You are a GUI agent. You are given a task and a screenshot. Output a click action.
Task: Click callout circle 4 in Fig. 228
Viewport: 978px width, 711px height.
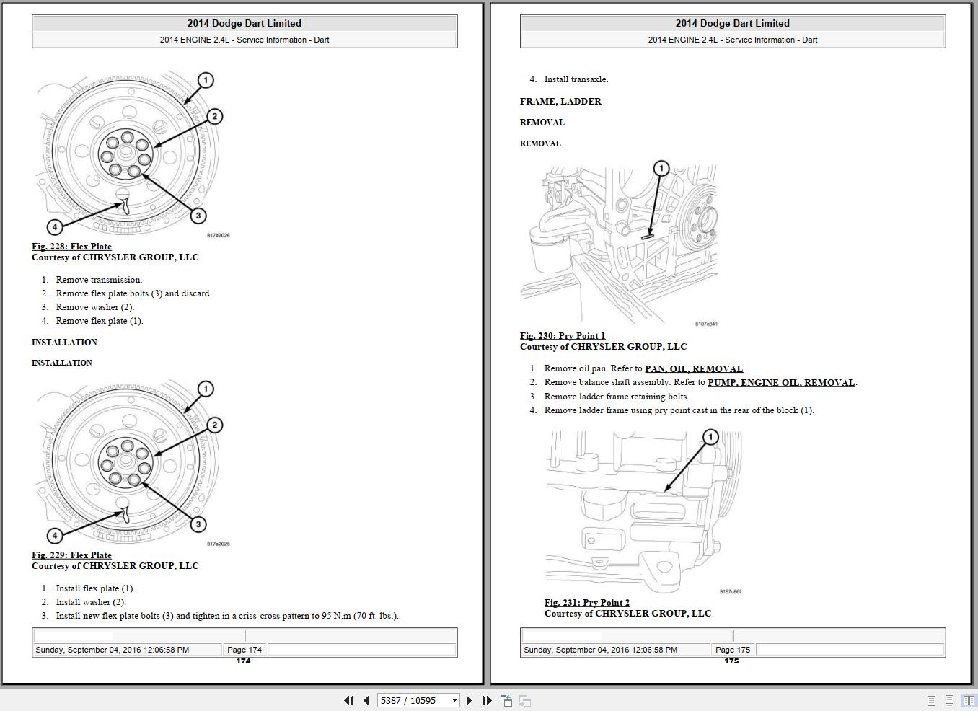point(55,227)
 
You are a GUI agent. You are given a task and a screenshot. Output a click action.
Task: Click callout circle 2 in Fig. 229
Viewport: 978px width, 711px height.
point(214,425)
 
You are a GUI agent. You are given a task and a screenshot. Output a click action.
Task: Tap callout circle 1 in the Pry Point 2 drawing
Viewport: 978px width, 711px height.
point(710,437)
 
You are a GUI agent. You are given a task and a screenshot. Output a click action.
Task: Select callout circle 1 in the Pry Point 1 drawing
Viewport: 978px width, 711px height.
point(661,169)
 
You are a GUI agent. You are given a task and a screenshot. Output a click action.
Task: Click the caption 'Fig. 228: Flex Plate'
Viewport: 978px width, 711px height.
point(71,247)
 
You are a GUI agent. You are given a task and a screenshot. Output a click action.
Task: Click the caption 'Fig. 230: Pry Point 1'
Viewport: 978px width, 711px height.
point(563,336)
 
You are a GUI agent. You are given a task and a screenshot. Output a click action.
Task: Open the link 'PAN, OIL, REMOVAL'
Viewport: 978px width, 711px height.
point(693,369)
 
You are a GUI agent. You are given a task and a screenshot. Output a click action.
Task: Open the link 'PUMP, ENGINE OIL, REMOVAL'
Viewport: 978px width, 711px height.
point(781,383)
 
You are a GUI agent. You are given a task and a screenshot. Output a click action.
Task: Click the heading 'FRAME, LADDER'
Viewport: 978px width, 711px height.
point(560,102)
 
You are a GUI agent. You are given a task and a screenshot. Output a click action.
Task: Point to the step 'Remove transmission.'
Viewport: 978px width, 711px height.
point(99,280)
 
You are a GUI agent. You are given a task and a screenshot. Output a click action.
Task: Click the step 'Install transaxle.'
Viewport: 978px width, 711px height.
point(576,80)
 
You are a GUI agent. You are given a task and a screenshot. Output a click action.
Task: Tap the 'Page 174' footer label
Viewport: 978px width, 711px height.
point(244,650)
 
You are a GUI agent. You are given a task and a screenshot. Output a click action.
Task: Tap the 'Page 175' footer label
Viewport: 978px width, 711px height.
point(733,650)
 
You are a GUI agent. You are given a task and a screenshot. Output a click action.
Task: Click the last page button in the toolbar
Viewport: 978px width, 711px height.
point(487,700)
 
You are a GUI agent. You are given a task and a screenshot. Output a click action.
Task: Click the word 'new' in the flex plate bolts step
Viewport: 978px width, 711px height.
point(91,616)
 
